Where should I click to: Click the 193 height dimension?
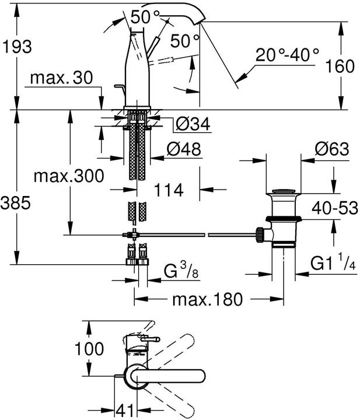click(17, 44)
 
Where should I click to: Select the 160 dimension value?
click(341, 66)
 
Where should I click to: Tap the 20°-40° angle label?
click(288, 55)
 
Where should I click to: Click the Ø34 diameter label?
click(192, 124)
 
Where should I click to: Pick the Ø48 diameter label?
click(183, 149)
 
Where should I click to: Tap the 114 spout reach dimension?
click(169, 190)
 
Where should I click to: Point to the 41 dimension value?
click(121, 409)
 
